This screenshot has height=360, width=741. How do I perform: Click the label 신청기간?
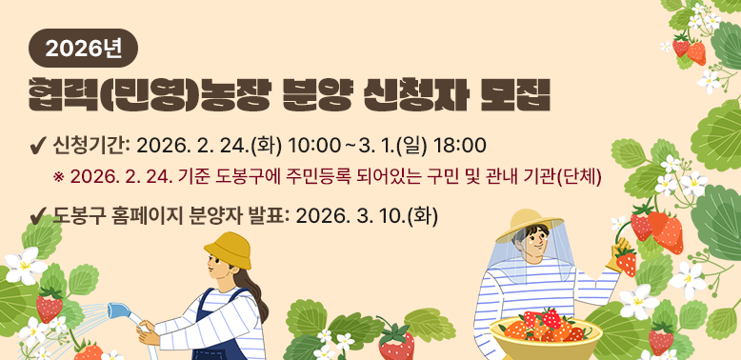coord(90,145)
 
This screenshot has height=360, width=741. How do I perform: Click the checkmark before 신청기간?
coord(40,146)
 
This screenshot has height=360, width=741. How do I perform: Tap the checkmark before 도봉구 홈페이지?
coord(40,216)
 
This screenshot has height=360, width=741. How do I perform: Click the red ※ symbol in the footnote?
coord(59,177)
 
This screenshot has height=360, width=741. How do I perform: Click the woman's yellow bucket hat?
coord(228,250)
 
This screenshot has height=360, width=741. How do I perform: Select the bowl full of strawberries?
coord(544,333)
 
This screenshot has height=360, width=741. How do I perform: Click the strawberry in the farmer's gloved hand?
coord(625,260)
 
